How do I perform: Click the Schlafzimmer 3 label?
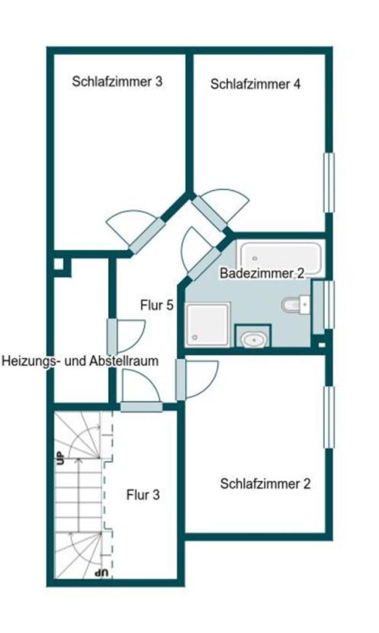[x=117, y=81]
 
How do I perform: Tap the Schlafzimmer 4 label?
[x=255, y=85]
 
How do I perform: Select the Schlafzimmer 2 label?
[x=265, y=484]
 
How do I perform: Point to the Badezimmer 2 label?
[x=262, y=273]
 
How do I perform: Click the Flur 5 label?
[x=157, y=305]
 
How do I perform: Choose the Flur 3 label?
[x=143, y=495]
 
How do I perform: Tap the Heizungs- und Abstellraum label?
[x=81, y=361]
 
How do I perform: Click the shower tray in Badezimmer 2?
[x=208, y=323]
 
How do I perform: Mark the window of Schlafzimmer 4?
[x=329, y=183]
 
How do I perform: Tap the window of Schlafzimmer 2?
[x=329, y=417]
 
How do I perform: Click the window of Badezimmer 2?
[x=319, y=304]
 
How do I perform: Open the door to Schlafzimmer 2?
[x=181, y=379]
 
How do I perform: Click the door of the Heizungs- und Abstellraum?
[x=111, y=336]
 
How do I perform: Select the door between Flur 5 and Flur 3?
[x=141, y=406]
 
